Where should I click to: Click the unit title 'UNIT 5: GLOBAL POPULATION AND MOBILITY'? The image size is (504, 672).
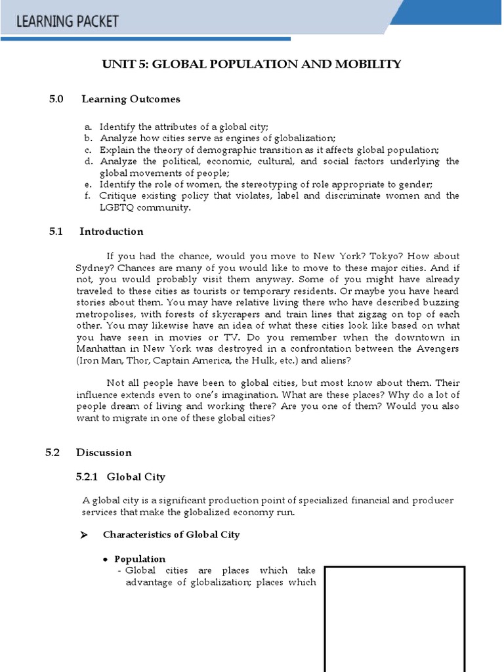251,64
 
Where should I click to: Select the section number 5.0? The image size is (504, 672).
56,99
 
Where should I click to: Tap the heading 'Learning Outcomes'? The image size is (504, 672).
131,99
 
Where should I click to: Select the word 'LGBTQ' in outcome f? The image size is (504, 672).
115,207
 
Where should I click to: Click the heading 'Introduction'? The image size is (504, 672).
112,231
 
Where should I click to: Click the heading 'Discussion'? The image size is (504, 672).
104,452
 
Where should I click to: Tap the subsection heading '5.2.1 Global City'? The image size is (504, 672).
121,477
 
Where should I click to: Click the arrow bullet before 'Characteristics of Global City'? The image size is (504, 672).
83,535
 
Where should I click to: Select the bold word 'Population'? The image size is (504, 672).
140,559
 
